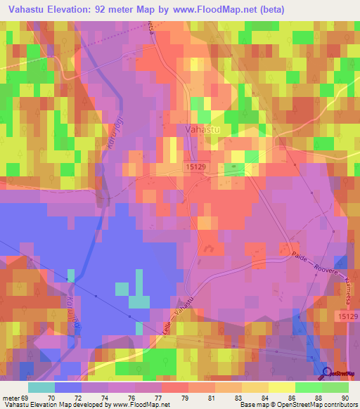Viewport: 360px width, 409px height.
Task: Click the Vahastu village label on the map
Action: point(200,129)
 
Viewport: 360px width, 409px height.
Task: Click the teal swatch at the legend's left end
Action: point(41,387)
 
